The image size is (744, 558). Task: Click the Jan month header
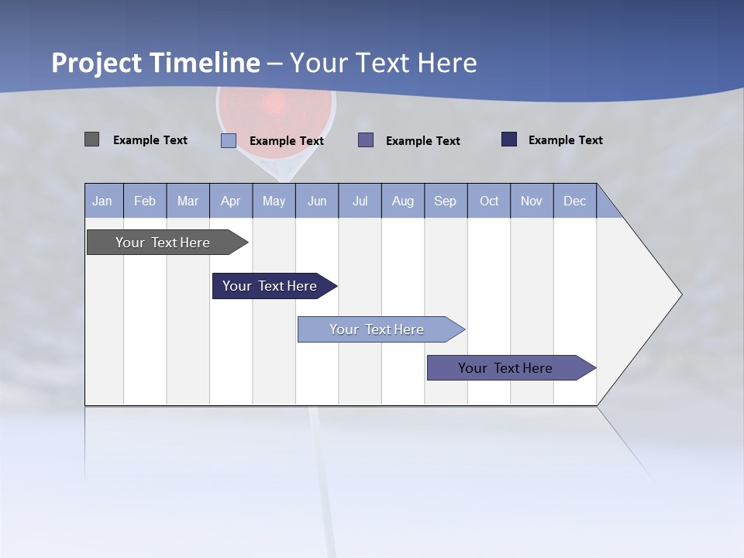pyautogui.click(x=102, y=201)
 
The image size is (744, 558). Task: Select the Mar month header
pyautogui.click(x=188, y=201)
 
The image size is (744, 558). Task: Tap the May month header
pyautogui.click(x=274, y=201)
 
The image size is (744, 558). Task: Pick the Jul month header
pyautogui.click(x=360, y=201)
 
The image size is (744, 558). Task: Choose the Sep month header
pyautogui.click(x=445, y=201)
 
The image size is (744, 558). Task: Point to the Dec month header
pyautogui.click(x=574, y=201)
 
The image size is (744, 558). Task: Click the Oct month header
pyautogui.click(x=489, y=201)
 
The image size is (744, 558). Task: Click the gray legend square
pyautogui.click(x=91, y=139)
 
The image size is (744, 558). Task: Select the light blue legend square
pyautogui.click(x=229, y=140)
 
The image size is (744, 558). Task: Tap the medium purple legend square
pyautogui.click(x=366, y=140)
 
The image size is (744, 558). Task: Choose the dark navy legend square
pyautogui.click(x=509, y=139)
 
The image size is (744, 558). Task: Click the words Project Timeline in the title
pyautogui.click(x=156, y=63)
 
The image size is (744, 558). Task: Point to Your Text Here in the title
pyautogui.click(x=384, y=63)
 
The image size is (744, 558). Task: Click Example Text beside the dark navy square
pyautogui.click(x=565, y=140)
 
